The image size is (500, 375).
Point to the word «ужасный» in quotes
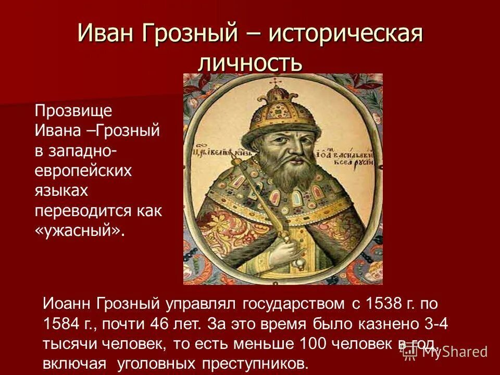point(81,231)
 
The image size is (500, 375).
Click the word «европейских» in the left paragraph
point(83,171)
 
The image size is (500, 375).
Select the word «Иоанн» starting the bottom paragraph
point(65,303)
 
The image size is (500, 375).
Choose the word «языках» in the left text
point(61,191)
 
